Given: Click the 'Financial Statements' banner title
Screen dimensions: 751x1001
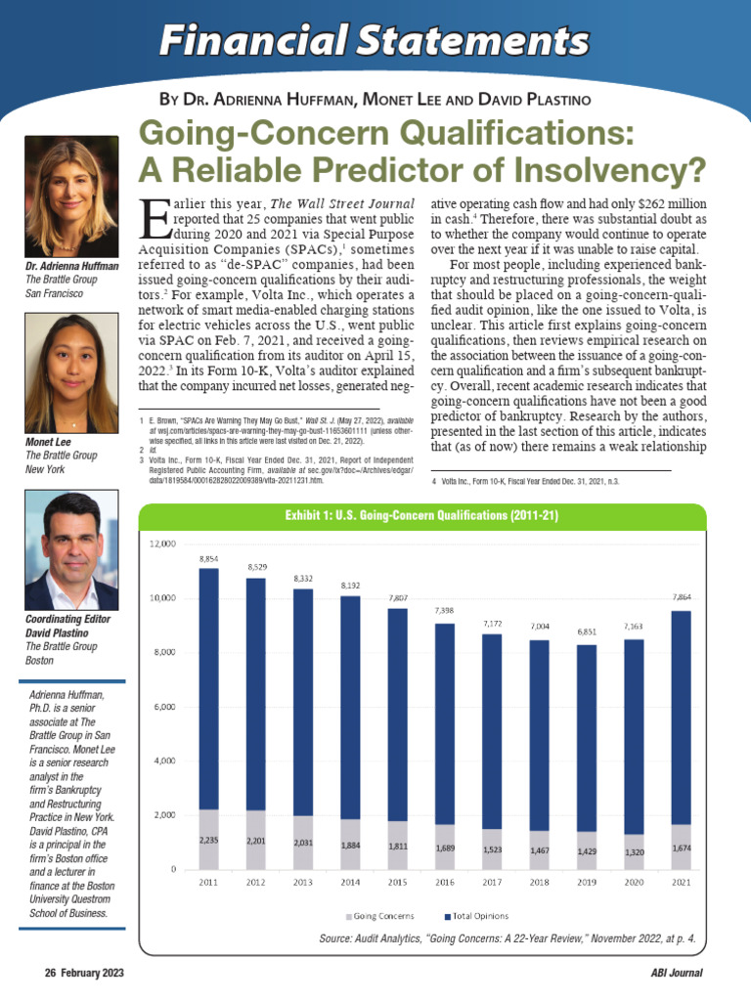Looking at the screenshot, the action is (x=375, y=40).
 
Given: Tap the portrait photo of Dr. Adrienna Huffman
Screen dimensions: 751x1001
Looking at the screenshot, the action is (x=71, y=196).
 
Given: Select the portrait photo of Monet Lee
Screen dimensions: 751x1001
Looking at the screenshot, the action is (x=71, y=373).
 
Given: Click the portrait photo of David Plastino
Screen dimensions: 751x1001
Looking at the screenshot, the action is (x=71, y=550).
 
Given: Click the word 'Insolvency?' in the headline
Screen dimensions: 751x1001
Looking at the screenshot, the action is (x=610, y=170).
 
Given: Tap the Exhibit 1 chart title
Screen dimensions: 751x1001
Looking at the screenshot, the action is (x=421, y=515).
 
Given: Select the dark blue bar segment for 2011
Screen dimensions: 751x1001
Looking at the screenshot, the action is (x=208, y=689).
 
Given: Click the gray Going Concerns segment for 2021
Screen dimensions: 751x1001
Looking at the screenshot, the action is (x=682, y=847).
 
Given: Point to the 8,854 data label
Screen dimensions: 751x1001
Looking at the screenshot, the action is (x=208, y=558).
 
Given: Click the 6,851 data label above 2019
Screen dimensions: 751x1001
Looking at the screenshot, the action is (x=587, y=632).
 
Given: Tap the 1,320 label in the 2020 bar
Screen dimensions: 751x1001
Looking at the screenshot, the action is (x=634, y=852).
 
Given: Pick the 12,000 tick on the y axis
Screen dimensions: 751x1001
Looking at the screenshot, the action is (x=162, y=544).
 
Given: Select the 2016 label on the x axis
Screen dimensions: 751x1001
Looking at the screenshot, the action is (x=445, y=883).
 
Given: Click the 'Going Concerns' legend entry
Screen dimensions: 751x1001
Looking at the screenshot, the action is (x=380, y=916).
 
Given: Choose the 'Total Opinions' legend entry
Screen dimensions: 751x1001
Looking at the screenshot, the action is (x=476, y=916).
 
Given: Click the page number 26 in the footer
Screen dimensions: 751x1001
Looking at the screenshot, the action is (x=51, y=973).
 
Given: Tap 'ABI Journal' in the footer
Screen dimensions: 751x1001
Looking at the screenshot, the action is (x=677, y=973).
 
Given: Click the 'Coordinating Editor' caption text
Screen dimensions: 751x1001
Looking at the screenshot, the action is (x=67, y=619).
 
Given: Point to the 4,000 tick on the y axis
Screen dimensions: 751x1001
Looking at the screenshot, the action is (x=164, y=761).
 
